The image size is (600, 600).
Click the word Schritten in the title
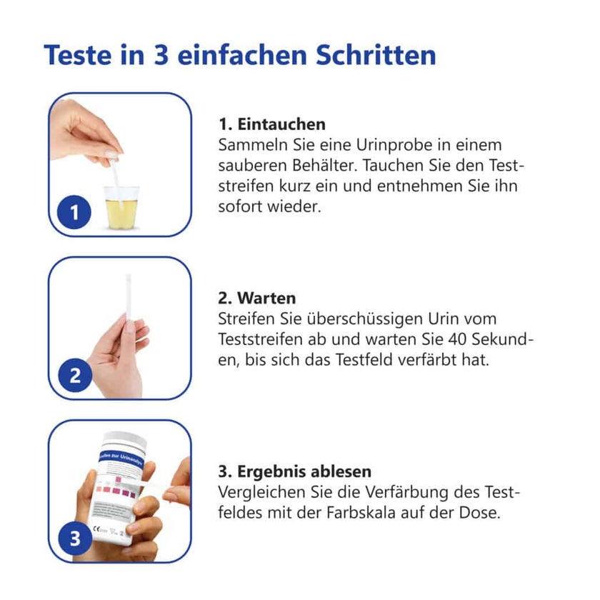click(376, 55)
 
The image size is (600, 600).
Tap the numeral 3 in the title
click(161, 55)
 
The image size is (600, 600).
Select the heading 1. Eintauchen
click(272, 124)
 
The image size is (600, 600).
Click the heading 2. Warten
click(256, 298)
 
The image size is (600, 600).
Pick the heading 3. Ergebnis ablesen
click(294, 471)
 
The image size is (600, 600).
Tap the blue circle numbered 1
click(74, 212)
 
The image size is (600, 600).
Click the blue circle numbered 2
click(75, 376)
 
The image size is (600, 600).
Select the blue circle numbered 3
click(75, 539)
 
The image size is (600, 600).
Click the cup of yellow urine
click(121, 207)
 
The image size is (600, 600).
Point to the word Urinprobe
click(391, 146)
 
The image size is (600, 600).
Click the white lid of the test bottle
click(125, 440)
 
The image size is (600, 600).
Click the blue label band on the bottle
click(121, 456)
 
